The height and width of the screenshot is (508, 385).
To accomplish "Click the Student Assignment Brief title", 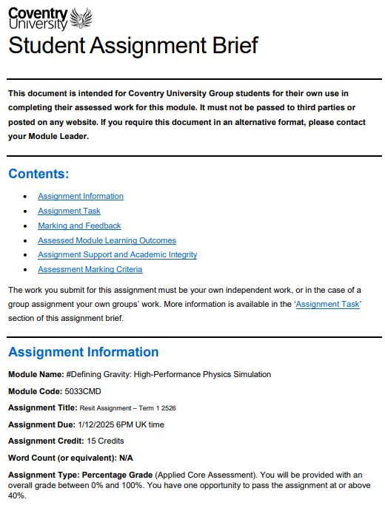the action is [133, 45].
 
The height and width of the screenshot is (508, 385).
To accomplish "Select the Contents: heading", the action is [38, 174].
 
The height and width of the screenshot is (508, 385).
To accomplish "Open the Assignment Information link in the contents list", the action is [81, 196].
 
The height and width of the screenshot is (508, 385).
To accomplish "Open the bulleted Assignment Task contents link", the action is [69, 211].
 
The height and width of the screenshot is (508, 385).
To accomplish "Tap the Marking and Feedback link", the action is [79, 226].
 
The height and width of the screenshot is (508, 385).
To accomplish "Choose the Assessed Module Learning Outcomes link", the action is [107, 240].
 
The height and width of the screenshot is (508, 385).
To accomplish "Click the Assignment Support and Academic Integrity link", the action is [117, 254].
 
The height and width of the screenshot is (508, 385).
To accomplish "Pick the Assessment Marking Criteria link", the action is [90, 269].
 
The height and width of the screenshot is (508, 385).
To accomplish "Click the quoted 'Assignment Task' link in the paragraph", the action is [327, 304].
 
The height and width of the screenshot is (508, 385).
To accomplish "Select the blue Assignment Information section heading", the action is [83, 352].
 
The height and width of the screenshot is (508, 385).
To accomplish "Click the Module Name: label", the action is [36, 374].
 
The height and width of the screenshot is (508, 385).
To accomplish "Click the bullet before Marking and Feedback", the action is [26, 226].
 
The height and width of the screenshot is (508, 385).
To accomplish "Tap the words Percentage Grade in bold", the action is [118, 475].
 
